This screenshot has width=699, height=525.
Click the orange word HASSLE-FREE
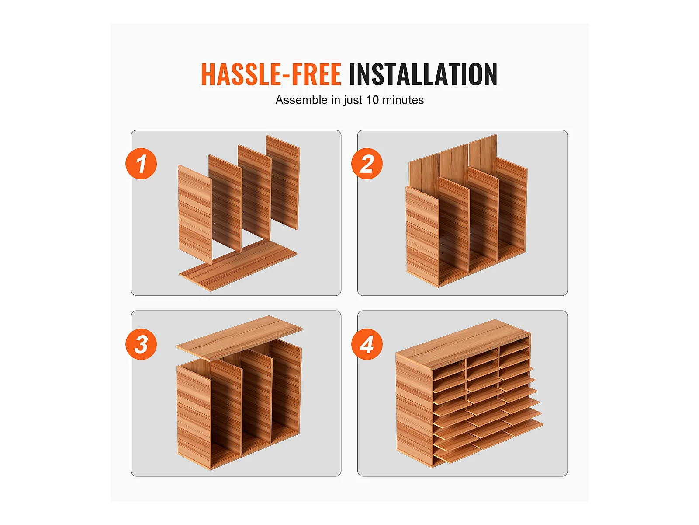point(271,74)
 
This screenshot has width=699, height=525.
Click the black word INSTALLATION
point(423,74)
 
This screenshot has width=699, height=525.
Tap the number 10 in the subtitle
point(372,100)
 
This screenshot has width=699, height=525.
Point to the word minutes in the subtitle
point(403,100)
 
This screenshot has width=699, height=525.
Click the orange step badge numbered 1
point(141,164)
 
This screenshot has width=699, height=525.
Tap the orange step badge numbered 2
point(367,164)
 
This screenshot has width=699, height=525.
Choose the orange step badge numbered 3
point(141,344)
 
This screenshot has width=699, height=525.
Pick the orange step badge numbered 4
point(367,344)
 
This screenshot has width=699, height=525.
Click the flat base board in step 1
point(238,265)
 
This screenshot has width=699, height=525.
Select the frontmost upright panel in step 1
point(195,214)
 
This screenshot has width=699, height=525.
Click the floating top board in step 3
point(239,338)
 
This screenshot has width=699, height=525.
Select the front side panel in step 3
point(194,417)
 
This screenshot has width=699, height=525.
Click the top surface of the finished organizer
point(463,343)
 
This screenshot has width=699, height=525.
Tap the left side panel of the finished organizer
point(414,410)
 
